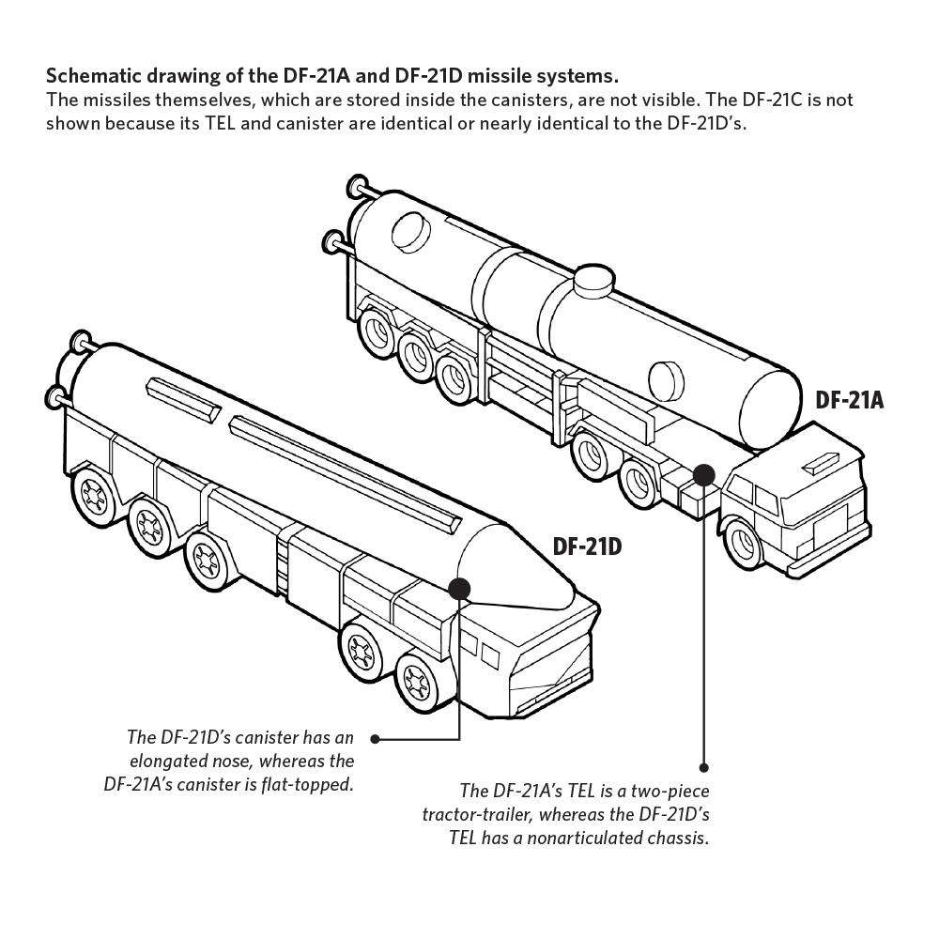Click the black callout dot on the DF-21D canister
tap(459, 589)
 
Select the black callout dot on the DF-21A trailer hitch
tap(703, 474)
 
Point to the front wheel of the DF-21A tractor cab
tap(745, 544)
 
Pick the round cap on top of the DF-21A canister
tap(593, 280)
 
